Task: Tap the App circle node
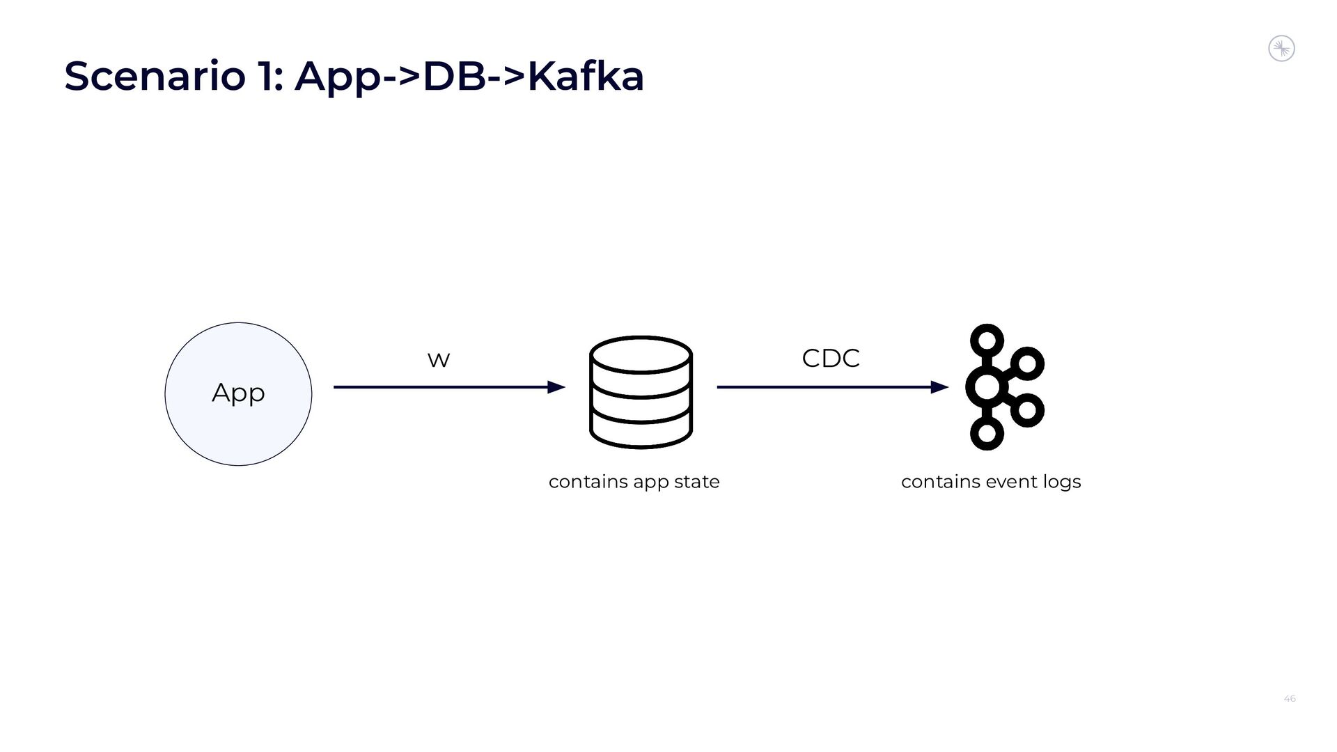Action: [x=238, y=393]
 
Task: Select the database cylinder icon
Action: [x=641, y=393]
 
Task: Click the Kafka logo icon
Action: [x=1003, y=387]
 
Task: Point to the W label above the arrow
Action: [x=439, y=360]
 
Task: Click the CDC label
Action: [x=831, y=359]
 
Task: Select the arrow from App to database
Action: [x=446, y=387]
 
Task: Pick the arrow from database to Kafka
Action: [x=829, y=387]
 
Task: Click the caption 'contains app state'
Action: [x=634, y=482]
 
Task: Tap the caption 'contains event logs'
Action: [x=990, y=482]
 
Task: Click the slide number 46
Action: [x=1289, y=698]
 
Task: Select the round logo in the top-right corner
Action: [x=1281, y=49]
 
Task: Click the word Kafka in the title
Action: [x=586, y=77]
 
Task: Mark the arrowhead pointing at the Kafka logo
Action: [x=939, y=387]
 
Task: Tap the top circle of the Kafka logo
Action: [x=987, y=341]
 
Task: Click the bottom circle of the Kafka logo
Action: [x=987, y=433]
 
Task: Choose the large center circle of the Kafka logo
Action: [x=987, y=387]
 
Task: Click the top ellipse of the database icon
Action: [x=641, y=355]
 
